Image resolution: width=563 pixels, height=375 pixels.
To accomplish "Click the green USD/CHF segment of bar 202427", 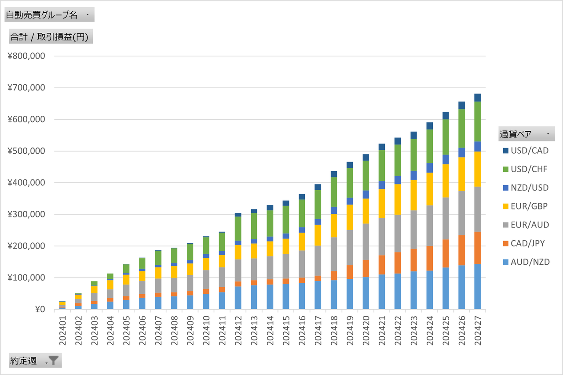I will [478, 121].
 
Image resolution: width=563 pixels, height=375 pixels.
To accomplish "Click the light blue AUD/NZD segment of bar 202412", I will [238, 298].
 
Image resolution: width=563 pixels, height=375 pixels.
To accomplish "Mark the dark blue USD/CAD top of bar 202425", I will [446, 115].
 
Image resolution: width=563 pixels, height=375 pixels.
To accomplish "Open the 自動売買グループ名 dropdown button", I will [87, 15].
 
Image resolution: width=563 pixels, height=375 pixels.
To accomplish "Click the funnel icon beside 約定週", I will [53, 361].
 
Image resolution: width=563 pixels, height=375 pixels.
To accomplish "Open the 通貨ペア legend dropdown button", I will [548, 134].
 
